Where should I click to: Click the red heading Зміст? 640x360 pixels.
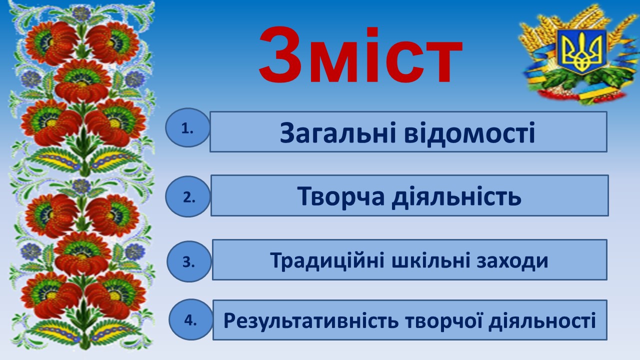click(360, 55)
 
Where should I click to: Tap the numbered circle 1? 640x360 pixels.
click(187, 127)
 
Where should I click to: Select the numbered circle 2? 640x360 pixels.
click(187, 196)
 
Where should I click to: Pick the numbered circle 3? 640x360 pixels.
click(189, 261)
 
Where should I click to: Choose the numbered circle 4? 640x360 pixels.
click(190, 319)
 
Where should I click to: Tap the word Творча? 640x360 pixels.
click(341, 196)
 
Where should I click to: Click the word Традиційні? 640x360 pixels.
click(327, 260)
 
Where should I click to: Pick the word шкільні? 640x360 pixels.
click(430, 260)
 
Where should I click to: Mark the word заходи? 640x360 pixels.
click(512, 261)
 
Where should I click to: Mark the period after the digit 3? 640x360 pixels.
click(193, 267)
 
